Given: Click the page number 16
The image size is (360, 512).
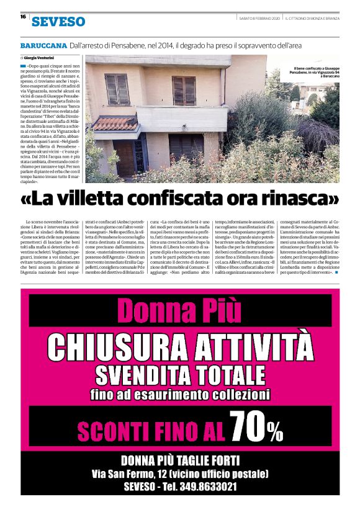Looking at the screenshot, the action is (23, 17).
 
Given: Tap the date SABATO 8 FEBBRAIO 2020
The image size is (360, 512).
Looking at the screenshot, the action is (259, 17).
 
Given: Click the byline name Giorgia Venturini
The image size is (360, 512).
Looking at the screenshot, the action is (44, 57).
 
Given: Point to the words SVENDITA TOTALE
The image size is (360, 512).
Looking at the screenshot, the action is (180, 373).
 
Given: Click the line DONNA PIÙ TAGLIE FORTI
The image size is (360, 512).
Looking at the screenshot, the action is (180, 460).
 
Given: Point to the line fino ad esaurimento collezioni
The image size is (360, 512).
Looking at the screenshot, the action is (180, 394).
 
